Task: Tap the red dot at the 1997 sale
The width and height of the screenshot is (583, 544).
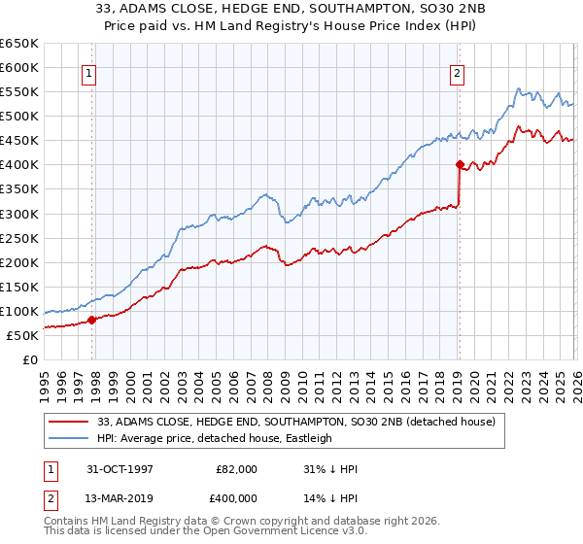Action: (92, 319)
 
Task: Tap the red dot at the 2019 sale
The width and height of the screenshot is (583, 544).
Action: (459, 164)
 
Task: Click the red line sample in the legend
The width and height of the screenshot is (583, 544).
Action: (71, 422)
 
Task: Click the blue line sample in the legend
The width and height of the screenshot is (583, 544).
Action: (71, 438)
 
